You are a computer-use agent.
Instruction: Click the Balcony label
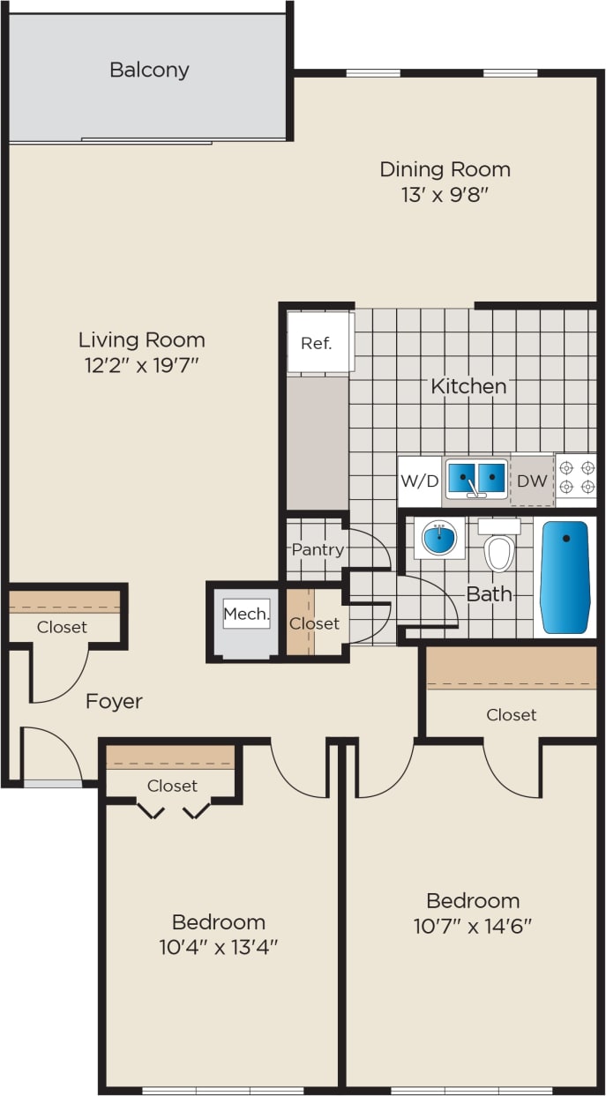click(149, 70)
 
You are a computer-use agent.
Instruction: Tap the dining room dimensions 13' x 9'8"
click(445, 194)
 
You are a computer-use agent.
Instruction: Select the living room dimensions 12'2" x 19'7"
click(141, 365)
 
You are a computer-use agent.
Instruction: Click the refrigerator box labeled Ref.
click(317, 342)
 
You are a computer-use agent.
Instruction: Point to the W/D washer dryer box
click(419, 481)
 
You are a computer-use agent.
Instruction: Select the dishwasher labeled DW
click(532, 481)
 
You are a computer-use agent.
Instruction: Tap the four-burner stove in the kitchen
click(576, 477)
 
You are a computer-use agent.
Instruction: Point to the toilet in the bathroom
click(499, 548)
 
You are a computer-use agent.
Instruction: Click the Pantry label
click(318, 549)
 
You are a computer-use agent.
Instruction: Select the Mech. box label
click(246, 614)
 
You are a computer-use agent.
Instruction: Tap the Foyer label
click(114, 702)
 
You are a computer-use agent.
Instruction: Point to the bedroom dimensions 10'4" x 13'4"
click(219, 948)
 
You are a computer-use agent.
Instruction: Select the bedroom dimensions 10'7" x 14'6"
click(473, 927)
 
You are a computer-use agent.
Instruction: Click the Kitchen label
click(468, 386)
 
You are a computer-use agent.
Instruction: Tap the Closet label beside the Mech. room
click(315, 623)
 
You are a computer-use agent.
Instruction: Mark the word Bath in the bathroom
click(489, 594)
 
